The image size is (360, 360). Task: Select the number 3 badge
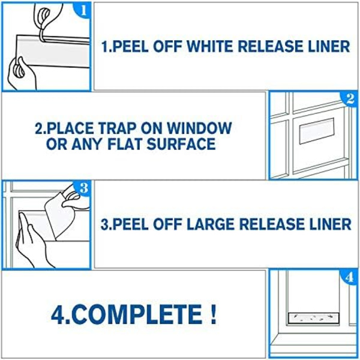[x=83, y=188]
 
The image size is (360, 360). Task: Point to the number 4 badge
[x=349, y=277]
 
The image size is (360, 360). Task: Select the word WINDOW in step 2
[x=199, y=128]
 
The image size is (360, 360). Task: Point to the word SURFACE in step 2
[x=181, y=144]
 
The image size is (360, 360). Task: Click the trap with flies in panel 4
[x=313, y=317]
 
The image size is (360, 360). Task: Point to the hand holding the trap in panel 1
[x=20, y=73]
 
